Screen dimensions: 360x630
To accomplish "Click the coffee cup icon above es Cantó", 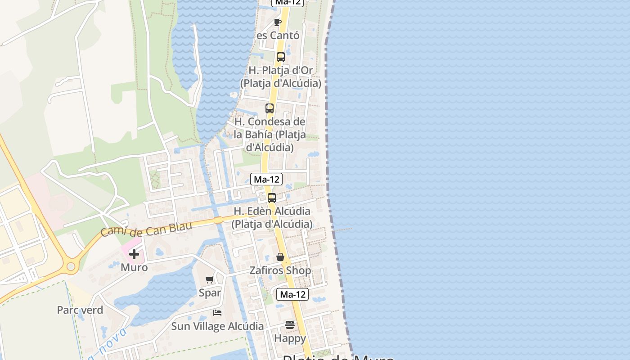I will (278, 22).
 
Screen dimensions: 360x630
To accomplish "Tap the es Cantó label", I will (278, 35).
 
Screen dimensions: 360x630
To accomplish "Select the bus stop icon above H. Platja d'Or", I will (281, 57).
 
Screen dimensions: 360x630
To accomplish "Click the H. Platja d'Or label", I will (281, 77).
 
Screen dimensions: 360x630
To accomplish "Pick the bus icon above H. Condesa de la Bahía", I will (270, 108).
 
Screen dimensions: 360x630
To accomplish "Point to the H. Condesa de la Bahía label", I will (270, 134).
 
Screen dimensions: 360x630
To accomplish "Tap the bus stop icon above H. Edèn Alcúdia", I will (272, 198).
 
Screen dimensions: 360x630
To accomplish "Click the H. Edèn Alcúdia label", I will (272, 217).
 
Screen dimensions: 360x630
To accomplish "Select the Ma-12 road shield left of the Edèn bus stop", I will (266, 179).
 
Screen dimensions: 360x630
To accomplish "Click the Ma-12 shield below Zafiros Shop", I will (293, 294).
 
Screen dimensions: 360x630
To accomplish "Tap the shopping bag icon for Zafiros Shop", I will (280, 257).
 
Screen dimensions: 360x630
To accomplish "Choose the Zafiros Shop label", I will (280, 270).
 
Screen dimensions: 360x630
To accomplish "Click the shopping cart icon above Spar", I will (209, 280).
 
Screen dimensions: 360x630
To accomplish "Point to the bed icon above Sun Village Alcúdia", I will (217, 312).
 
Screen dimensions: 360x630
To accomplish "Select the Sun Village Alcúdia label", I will (217, 326).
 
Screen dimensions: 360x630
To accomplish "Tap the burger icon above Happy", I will (290, 325).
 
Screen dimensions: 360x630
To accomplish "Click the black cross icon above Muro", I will (134, 254).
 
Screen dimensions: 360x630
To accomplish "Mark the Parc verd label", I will (80, 310).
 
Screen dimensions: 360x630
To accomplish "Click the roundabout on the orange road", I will (71, 266).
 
